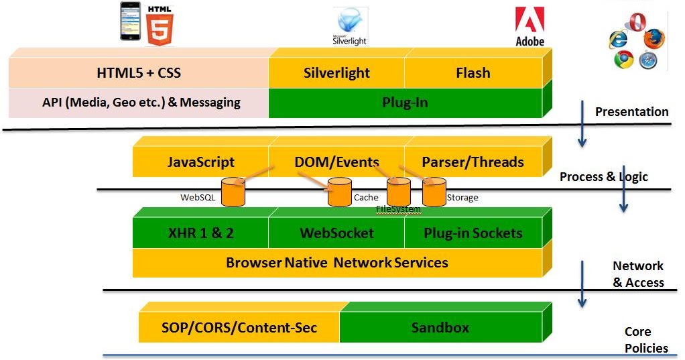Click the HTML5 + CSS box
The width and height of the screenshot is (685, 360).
pyautogui.click(x=139, y=72)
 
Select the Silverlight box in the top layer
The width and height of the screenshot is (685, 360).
pyautogui.click(x=336, y=72)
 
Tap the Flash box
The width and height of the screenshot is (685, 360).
pyautogui.click(x=473, y=72)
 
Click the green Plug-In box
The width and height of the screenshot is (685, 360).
pyautogui.click(x=405, y=103)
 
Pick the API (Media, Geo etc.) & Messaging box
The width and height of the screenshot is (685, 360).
pyautogui.click(x=139, y=103)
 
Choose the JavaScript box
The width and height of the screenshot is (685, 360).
pyautogui.click(x=200, y=162)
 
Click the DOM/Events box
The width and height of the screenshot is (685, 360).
pyautogui.click(x=336, y=162)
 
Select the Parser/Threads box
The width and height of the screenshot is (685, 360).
pyautogui.click(x=473, y=162)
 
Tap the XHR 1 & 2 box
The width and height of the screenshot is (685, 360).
pyautogui.click(x=200, y=233)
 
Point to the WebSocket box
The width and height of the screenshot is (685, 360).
pyautogui.click(x=336, y=233)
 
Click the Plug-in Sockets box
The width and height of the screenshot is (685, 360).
pyautogui.click(x=473, y=233)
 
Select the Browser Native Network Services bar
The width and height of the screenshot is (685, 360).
pyautogui.click(x=336, y=262)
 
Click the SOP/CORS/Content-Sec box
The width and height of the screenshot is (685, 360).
pyautogui.click(x=239, y=328)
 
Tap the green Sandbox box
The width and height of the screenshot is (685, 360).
pyautogui.click(x=440, y=328)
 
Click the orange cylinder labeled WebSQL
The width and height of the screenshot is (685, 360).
pyautogui.click(x=234, y=192)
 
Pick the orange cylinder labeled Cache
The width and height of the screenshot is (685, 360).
pyautogui.click(x=339, y=192)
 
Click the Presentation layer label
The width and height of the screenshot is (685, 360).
pyautogui.click(x=631, y=112)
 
